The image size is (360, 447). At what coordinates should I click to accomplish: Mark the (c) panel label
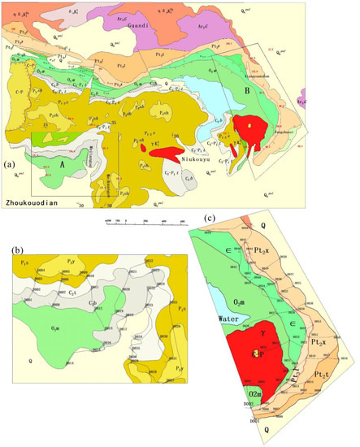[210, 219]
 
